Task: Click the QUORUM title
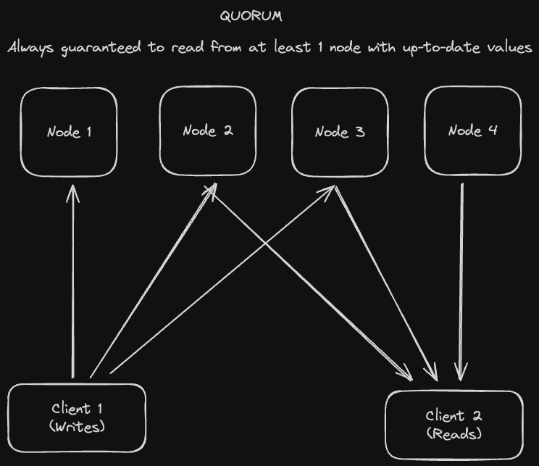coord(251,16)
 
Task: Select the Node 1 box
coord(69,132)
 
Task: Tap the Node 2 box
coord(207,131)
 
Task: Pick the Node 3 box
coord(340,132)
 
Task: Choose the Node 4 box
coord(472,131)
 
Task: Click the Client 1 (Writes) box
coord(77,417)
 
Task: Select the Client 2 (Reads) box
coord(454,425)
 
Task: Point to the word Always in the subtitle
coord(30,49)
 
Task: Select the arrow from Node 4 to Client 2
coord(461,283)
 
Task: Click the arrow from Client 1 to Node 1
coord(73,290)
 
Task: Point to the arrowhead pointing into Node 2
coord(212,188)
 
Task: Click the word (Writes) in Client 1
coord(77,426)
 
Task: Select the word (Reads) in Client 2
coord(454,433)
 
